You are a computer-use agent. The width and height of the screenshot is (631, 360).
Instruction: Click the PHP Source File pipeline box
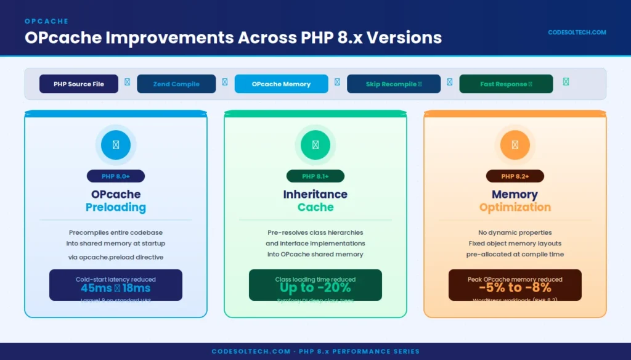pos(79,84)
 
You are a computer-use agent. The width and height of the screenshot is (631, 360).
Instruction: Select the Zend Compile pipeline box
pos(176,84)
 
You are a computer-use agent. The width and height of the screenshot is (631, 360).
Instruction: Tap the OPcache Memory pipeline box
pos(281,84)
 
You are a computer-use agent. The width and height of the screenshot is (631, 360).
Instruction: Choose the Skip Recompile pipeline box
pos(394,84)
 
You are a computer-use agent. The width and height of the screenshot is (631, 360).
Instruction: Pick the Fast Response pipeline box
pos(506,84)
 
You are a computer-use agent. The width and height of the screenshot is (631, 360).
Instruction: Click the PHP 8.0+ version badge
pos(116,176)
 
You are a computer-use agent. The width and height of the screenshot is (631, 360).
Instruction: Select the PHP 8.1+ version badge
pos(315,176)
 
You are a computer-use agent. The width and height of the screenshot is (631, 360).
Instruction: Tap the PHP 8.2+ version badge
pos(515,176)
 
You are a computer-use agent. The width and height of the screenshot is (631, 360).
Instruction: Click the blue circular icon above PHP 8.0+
pos(116,145)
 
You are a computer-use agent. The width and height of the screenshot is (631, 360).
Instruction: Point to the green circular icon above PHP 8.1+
pos(315,145)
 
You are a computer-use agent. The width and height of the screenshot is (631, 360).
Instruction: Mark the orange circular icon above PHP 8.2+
pos(515,145)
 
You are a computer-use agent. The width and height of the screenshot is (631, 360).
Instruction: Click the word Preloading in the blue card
pos(116,207)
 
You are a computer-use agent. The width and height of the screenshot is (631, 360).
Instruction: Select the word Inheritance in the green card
pos(315,194)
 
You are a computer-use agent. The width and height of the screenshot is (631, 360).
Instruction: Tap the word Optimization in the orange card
pos(515,207)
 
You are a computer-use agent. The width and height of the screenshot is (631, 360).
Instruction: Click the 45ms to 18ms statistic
pos(116,288)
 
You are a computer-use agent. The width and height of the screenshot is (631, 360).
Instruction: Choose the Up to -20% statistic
pos(315,288)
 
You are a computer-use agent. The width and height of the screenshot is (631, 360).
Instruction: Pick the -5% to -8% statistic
pos(515,288)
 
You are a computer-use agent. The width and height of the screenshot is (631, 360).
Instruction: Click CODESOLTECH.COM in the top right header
pos(577,33)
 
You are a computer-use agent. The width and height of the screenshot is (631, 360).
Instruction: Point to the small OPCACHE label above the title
pos(47,22)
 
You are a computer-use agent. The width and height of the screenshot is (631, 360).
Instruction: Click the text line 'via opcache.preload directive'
pos(116,257)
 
